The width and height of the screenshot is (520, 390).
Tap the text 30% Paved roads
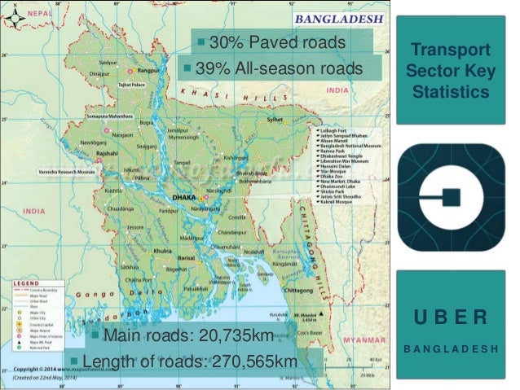coord(278,42)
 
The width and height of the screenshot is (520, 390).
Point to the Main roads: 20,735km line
coord(187,335)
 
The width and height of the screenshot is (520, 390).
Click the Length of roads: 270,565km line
coord(190,361)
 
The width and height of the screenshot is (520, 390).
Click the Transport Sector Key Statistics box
coord(451,71)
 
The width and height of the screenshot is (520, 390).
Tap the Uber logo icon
coord(451,196)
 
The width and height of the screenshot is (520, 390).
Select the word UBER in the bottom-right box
coord(451,316)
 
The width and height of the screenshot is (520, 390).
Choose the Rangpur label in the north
coord(148,70)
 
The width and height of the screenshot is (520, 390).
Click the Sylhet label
coord(273,120)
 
